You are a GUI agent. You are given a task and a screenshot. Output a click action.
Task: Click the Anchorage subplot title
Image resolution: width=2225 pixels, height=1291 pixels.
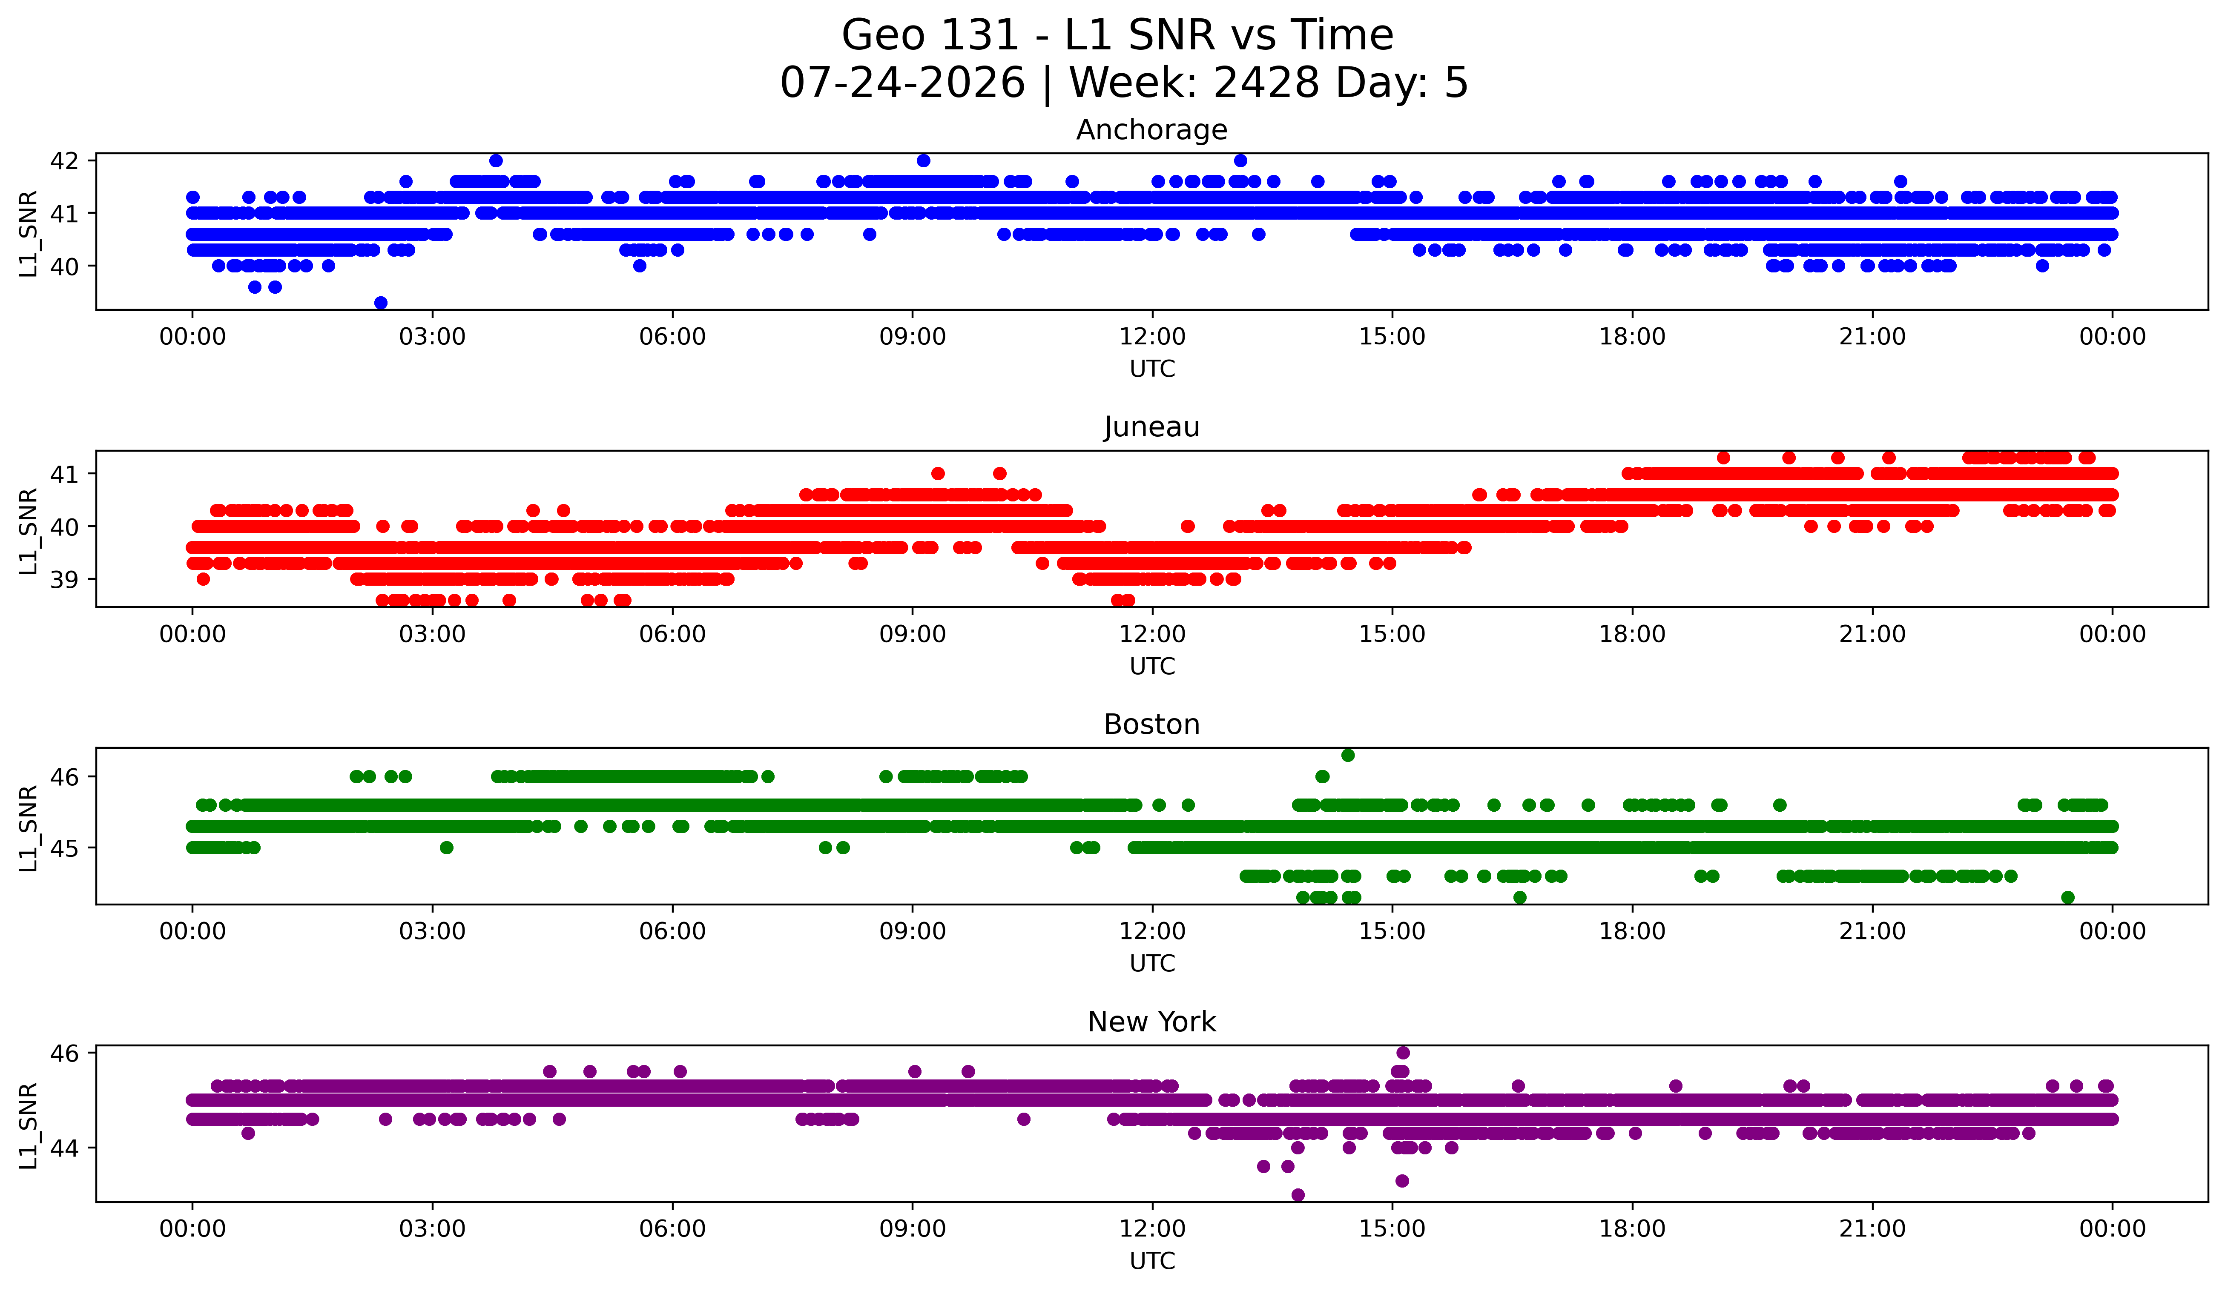pos(1151,130)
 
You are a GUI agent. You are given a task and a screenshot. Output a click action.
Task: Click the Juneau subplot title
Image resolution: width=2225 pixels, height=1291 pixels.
pos(1151,427)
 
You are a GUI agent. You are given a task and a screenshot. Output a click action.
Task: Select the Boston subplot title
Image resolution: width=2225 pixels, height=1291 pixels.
pos(1151,724)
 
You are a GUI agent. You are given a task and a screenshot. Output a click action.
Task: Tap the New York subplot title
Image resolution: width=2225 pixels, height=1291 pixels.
pos(1151,1022)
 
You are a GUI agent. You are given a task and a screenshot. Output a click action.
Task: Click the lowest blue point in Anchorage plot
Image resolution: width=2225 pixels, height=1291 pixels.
pos(381,303)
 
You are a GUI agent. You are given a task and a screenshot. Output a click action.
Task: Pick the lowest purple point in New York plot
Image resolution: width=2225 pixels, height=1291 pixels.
pos(1297,1195)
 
